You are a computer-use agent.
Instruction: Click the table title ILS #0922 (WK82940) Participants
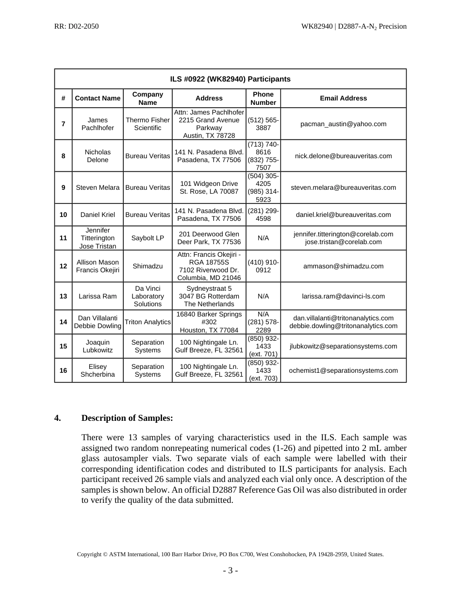(230, 79)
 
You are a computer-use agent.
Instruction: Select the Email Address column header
(343, 98)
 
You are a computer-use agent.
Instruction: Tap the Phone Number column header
(263, 98)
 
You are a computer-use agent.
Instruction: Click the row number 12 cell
(64, 266)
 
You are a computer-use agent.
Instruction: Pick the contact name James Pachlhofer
(98, 124)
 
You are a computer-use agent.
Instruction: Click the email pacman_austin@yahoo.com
(343, 124)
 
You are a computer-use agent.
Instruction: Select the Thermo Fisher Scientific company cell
(148, 124)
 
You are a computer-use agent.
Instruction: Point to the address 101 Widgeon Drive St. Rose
(209, 187)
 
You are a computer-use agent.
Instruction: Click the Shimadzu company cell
(148, 266)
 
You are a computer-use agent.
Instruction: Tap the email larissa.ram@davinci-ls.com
(343, 296)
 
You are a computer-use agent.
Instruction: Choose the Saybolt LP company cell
(148, 238)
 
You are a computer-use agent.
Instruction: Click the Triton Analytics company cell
(148, 322)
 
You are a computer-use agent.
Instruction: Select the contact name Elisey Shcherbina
(98, 370)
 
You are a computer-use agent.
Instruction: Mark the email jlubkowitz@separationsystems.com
(343, 346)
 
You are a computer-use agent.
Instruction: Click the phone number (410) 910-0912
(263, 266)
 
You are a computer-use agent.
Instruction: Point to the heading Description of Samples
(127, 418)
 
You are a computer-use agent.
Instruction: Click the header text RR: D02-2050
(77, 26)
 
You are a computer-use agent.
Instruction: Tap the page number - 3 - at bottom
(230, 571)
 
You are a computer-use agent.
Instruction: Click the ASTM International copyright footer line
(230, 554)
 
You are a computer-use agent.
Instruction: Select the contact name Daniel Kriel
(98, 215)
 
